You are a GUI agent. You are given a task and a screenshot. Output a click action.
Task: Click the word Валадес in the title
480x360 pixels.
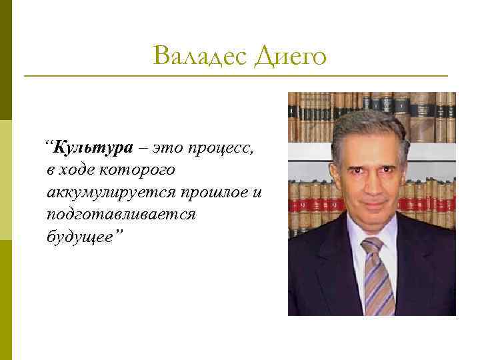[x=199, y=56]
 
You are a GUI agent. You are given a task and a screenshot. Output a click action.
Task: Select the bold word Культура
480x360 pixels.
[x=94, y=147]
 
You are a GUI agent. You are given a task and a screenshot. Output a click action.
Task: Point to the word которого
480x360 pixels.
[x=137, y=170]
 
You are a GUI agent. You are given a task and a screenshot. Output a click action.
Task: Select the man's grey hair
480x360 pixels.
[x=370, y=123]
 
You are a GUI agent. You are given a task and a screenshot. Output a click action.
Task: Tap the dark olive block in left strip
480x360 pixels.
[x=6, y=60]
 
